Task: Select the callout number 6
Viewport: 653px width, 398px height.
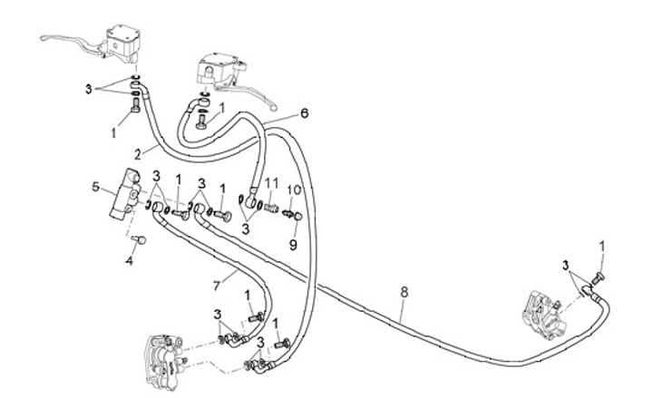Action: (x=305, y=113)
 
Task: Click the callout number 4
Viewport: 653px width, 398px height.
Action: (x=129, y=261)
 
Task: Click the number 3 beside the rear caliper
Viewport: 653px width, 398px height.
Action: (x=567, y=266)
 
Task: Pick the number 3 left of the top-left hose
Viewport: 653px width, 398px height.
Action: (x=89, y=89)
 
